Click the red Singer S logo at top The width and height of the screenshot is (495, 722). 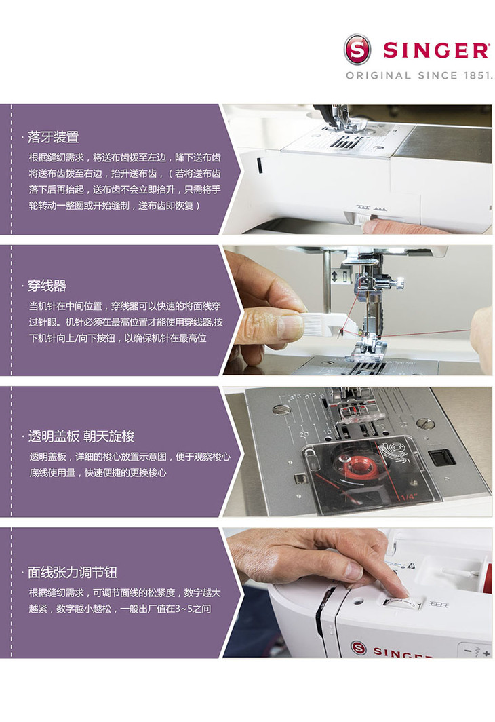[357, 50]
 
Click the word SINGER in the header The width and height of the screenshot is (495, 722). [436, 50]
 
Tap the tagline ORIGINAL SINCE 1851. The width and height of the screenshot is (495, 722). [419, 75]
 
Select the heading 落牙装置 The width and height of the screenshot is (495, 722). [53, 137]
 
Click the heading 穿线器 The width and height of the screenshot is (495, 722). [47, 286]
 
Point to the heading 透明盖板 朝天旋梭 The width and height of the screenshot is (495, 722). [81, 436]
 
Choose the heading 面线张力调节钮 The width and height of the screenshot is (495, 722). [73, 572]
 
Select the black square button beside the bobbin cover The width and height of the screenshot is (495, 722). [441, 457]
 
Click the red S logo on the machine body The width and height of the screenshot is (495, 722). [359, 648]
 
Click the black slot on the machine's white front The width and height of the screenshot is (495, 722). [259, 166]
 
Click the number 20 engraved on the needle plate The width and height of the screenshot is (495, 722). [304, 434]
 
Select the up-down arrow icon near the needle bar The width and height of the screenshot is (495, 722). [334, 276]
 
